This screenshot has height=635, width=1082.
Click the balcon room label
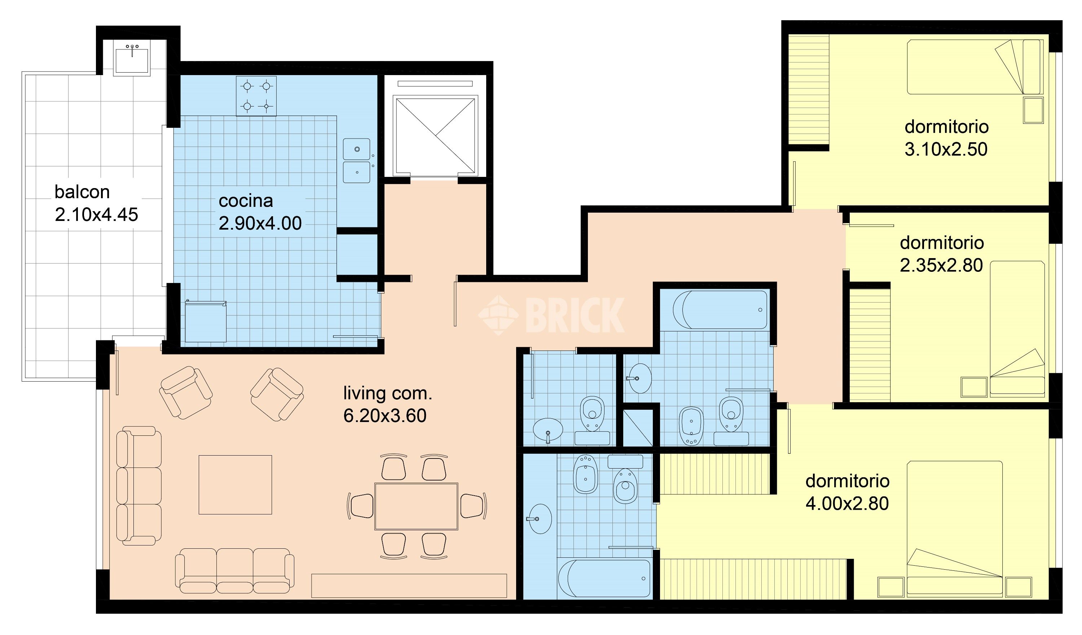(x=82, y=192)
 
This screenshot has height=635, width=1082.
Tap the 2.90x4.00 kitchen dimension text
(x=260, y=223)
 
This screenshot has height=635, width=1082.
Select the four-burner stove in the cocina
(x=256, y=96)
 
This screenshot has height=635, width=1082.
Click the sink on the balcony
(x=132, y=61)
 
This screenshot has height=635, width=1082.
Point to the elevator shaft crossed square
(x=435, y=136)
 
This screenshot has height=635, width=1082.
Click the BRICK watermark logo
(x=552, y=315)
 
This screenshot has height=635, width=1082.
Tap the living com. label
(x=388, y=393)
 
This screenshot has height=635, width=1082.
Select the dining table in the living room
(x=416, y=506)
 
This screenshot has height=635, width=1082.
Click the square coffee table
(x=235, y=484)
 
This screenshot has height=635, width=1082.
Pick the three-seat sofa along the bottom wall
(x=234, y=570)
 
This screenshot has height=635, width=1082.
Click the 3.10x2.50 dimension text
(x=946, y=149)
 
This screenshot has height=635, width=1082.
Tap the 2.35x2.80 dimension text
(x=942, y=265)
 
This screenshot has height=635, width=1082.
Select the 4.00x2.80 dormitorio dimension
(x=847, y=504)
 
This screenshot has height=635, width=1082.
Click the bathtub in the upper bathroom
(x=720, y=310)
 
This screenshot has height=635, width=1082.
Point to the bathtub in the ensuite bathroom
(x=604, y=578)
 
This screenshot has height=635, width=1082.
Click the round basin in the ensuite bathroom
(x=540, y=519)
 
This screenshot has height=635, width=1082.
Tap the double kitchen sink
(x=356, y=161)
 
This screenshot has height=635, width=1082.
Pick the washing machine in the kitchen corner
(x=206, y=322)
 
